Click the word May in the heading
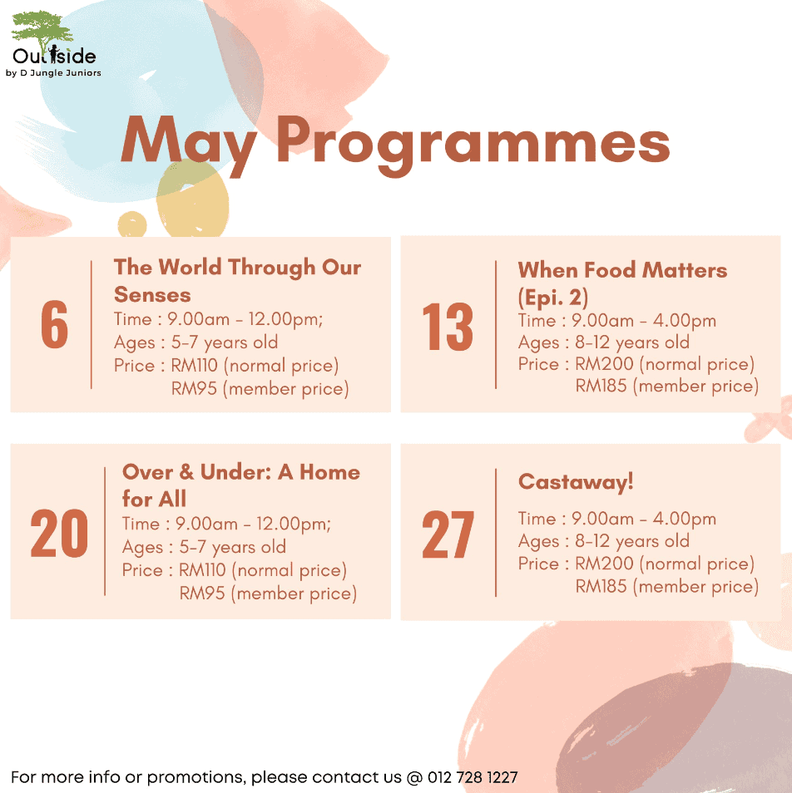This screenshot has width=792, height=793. pyautogui.click(x=189, y=144)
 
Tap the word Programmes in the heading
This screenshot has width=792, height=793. pyautogui.click(x=473, y=144)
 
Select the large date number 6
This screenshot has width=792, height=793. pyautogui.click(x=55, y=324)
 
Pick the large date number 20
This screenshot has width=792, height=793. pyautogui.click(x=59, y=533)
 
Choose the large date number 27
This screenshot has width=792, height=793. pyautogui.click(x=448, y=534)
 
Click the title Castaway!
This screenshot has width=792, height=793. pyautogui.click(x=576, y=482)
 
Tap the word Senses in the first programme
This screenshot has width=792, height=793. pyautogui.click(x=152, y=294)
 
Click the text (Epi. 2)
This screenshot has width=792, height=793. pyautogui.click(x=553, y=298)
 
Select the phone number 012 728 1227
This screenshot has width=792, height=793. pyautogui.click(x=473, y=777)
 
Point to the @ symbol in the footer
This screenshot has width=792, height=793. pyautogui.click(x=414, y=777)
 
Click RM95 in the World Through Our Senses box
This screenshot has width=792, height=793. pyautogui.click(x=194, y=388)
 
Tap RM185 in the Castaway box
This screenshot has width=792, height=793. pyautogui.click(x=601, y=586)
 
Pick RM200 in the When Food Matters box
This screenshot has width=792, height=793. pyautogui.click(x=604, y=363)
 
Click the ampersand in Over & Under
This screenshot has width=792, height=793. pyautogui.click(x=186, y=472)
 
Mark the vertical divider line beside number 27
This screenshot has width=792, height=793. pyautogui.click(x=496, y=533)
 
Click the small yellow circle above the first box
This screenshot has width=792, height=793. pyautogui.click(x=132, y=224)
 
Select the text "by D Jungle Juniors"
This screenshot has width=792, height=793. pyautogui.click(x=53, y=73)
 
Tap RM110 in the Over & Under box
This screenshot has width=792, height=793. pyautogui.click(x=202, y=570)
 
